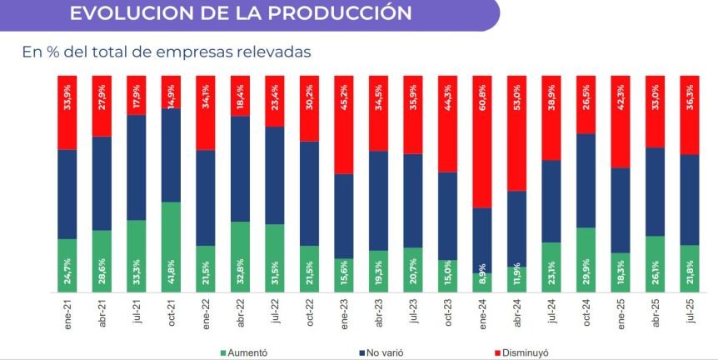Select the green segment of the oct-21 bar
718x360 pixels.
[171, 247]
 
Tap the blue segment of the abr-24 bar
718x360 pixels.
[517, 228]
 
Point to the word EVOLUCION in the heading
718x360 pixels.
[125, 13]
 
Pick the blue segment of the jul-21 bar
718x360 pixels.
[137, 167]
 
